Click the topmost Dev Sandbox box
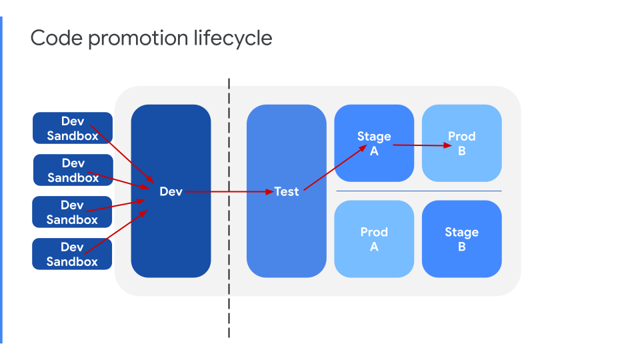tap(53, 128)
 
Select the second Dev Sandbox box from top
tap(53, 170)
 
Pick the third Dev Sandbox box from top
tap(53, 212)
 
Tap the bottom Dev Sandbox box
tap(53, 254)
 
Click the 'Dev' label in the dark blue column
tap(171, 191)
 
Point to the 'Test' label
tap(287, 191)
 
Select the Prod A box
tap(374, 239)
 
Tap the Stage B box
tap(461, 239)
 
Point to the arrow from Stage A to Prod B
tap(420, 145)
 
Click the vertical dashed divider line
tap(229, 300)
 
